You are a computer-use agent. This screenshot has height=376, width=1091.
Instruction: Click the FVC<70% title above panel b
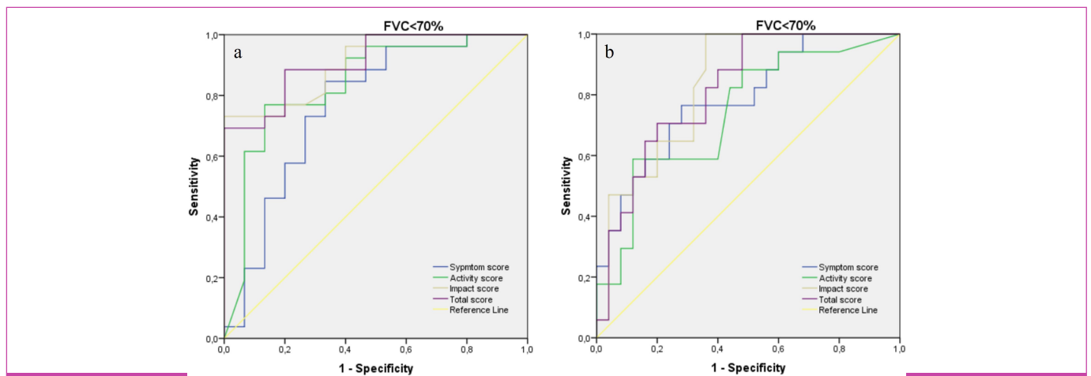coord(785,25)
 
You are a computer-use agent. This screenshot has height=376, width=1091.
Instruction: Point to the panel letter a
coord(237,55)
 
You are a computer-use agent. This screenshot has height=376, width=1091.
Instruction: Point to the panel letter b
coord(609,54)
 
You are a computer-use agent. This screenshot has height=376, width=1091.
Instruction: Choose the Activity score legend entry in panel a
coord(476,278)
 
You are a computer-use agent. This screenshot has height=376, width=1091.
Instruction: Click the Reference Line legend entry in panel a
coord(479,310)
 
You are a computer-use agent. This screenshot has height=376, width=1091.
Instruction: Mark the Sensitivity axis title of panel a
coord(194,187)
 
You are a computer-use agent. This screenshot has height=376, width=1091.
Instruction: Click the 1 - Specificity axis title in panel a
coord(376,368)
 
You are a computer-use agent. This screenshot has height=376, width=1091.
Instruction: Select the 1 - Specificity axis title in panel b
coord(748,367)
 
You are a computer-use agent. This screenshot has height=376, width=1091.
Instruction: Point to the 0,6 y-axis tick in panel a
coord(213,157)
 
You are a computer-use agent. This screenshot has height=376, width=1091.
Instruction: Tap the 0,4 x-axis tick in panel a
coord(345,348)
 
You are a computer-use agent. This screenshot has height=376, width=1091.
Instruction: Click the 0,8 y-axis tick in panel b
coord(585,96)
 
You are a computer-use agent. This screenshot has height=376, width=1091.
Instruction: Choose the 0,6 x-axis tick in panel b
coord(778,348)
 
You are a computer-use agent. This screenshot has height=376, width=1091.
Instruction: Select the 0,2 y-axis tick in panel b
coord(585,278)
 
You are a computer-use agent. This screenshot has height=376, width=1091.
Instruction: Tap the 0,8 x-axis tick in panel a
coord(466,348)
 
